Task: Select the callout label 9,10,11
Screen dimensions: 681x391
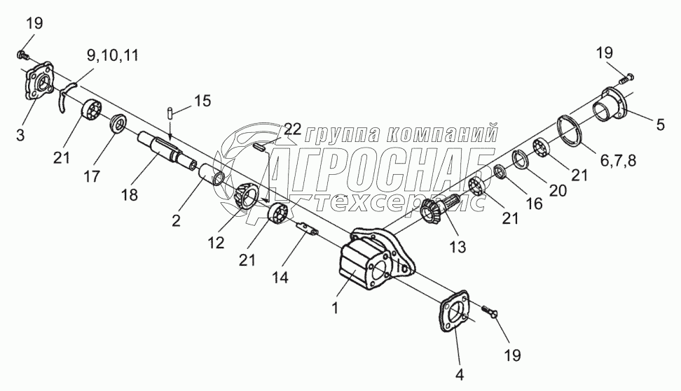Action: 113,54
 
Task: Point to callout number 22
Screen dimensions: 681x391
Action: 292,129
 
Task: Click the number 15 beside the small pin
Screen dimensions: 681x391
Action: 201,101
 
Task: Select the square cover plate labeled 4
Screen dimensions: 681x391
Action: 452,318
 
